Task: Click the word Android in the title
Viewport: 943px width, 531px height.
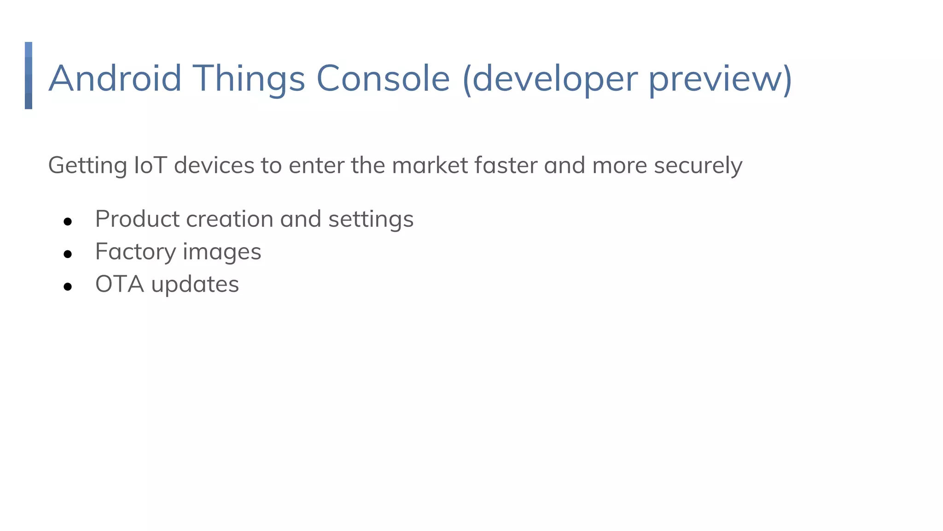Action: pyautogui.click(x=115, y=78)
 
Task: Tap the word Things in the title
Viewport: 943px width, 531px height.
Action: pyautogui.click(x=249, y=78)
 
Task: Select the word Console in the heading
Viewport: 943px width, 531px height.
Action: pyautogui.click(x=383, y=78)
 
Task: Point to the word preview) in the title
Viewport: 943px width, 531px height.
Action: pyautogui.click(x=721, y=78)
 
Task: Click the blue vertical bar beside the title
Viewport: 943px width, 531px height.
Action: pyautogui.click(x=29, y=76)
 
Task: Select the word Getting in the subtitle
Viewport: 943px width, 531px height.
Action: pyautogui.click(x=87, y=165)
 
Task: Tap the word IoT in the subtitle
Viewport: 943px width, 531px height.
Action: pyautogui.click(x=150, y=165)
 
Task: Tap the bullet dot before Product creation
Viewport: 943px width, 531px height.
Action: pyautogui.click(x=68, y=222)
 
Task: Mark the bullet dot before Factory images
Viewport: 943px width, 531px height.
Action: pyautogui.click(x=68, y=254)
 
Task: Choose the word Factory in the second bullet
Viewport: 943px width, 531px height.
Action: pyautogui.click(x=135, y=252)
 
